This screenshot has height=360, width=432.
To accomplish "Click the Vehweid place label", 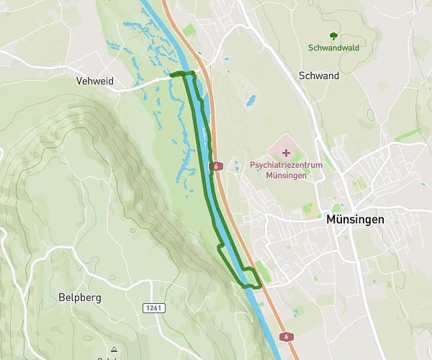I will [95, 82].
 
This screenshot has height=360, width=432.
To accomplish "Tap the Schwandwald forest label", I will [333, 48].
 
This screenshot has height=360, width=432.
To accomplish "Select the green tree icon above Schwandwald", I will [333, 36].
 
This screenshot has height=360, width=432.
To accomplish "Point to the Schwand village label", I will [318, 76].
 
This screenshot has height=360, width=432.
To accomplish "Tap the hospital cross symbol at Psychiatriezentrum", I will [287, 153].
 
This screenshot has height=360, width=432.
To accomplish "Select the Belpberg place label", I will [80, 297].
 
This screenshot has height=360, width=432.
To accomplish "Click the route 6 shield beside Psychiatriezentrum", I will [215, 166].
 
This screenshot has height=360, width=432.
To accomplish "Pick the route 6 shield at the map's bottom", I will [286, 336].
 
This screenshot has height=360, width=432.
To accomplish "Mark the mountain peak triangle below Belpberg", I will [113, 348].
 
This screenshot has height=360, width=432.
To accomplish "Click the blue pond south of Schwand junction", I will [251, 101].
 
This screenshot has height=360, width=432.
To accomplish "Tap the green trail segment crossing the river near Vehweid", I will [184, 73].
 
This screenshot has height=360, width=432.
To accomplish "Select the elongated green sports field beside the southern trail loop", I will [263, 272].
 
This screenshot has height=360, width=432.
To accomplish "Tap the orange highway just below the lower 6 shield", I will [292, 349].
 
